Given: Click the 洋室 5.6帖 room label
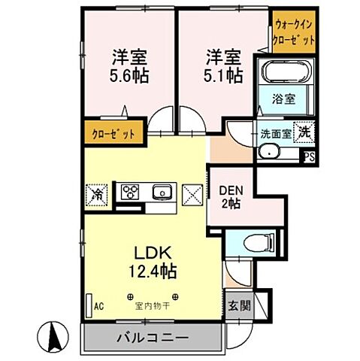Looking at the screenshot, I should click(129, 66).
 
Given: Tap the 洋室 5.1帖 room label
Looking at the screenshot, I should click(225, 66).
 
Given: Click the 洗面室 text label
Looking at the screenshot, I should click(276, 134).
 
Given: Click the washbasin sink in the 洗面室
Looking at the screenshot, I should click(268, 152).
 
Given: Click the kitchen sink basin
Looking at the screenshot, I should click(162, 192).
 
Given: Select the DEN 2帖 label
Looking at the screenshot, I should click(231, 196).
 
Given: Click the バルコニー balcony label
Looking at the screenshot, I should click(152, 338).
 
